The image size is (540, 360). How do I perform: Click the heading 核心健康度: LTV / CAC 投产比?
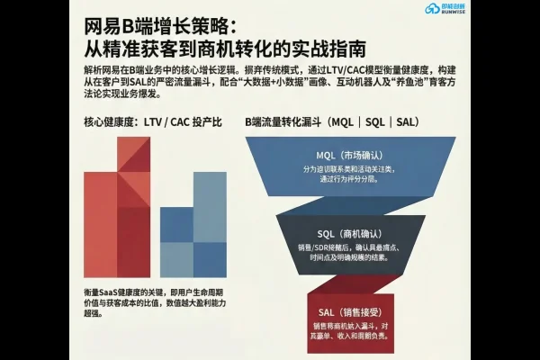(152, 121)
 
